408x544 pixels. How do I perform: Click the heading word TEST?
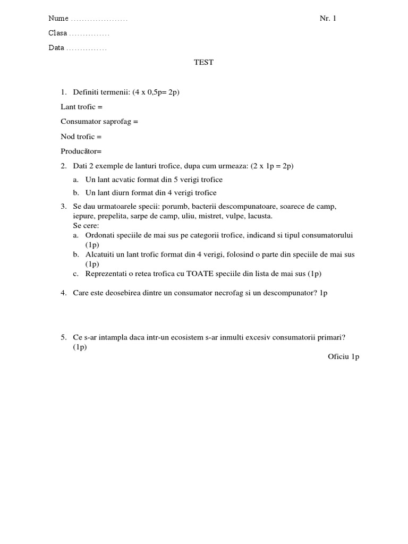click(x=203, y=62)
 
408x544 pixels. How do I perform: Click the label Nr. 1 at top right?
click(x=328, y=19)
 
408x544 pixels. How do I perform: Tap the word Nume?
click(x=58, y=19)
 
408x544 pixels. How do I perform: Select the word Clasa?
click(x=58, y=33)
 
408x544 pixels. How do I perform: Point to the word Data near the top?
click(x=56, y=48)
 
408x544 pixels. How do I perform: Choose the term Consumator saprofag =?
click(x=99, y=122)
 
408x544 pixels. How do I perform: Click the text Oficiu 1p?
click(x=343, y=356)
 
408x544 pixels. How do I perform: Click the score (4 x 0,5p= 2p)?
click(x=156, y=92)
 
